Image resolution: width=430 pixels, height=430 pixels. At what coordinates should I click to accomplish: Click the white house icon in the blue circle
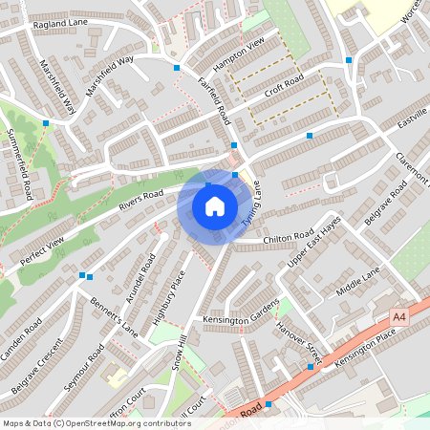tap(215, 206)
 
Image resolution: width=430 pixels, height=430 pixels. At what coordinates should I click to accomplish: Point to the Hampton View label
tap(239, 55)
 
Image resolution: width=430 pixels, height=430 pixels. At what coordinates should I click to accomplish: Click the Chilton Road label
tap(288, 237)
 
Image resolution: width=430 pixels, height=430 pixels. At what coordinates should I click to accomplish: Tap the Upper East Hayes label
tap(314, 243)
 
